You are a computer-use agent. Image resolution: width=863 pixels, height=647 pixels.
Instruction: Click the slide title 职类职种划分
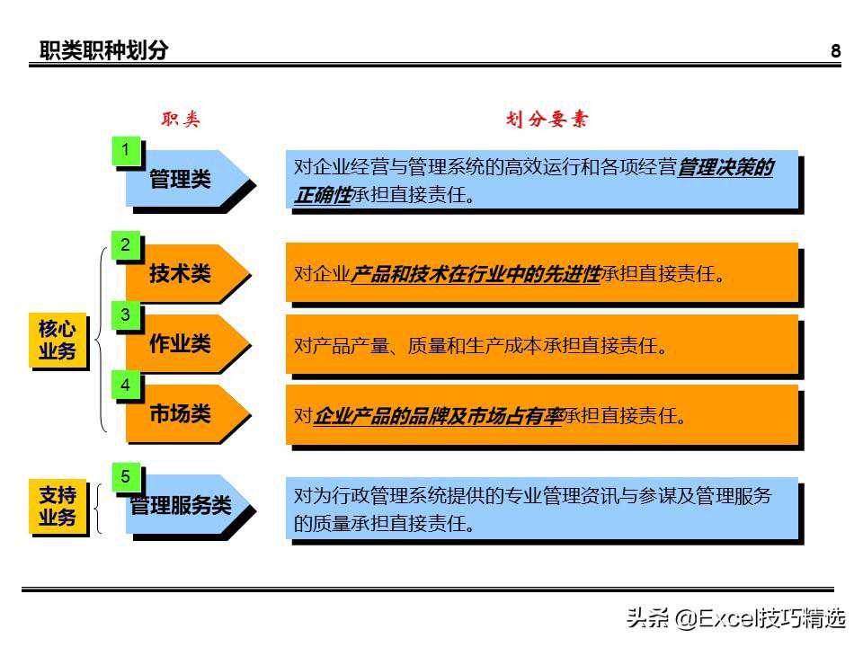[x=103, y=50]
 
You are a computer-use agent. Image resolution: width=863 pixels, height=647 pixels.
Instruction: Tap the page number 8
[x=835, y=51]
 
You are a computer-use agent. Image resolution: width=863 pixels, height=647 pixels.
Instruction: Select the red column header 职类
[x=181, y=119]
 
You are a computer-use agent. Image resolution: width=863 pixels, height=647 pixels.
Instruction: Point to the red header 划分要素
[x=547, y=119]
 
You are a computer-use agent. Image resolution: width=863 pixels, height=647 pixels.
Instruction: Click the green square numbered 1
[x=126, y=151]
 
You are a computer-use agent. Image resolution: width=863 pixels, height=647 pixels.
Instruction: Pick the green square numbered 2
[x=126, y=245]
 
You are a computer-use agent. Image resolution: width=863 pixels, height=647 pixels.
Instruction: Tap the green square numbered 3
[x=126, y=315]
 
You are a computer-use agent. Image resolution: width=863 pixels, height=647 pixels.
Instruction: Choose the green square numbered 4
[x=126, y=386]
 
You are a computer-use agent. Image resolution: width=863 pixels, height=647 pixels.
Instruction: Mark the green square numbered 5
[x=126, y=477]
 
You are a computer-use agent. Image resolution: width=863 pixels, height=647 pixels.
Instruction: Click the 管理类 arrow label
[x=180, y=179]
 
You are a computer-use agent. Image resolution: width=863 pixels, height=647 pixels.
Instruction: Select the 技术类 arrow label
[x=180, y=273]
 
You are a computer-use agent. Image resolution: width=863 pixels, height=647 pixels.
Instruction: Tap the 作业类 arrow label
[x=180, y=343]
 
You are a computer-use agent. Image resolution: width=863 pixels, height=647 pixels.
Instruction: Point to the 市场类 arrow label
[x=180, y=413]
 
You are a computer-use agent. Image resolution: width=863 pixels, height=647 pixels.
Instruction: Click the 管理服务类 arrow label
[x=181, y=505]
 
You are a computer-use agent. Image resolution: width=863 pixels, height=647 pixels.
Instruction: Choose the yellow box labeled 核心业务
[x=58, y=340]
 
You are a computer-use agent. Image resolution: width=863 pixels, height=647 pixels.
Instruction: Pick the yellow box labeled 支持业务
[x=58, y=506]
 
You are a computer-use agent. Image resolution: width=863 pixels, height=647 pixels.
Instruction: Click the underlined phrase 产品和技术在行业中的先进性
[x=475, y=273]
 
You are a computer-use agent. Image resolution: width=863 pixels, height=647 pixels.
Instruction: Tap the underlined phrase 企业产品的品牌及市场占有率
[x=439, y=416]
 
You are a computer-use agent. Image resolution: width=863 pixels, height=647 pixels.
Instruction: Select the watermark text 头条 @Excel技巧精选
[x=736, y=618]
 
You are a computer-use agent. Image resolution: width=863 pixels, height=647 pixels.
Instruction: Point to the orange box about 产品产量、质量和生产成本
[x=541, y=344]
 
